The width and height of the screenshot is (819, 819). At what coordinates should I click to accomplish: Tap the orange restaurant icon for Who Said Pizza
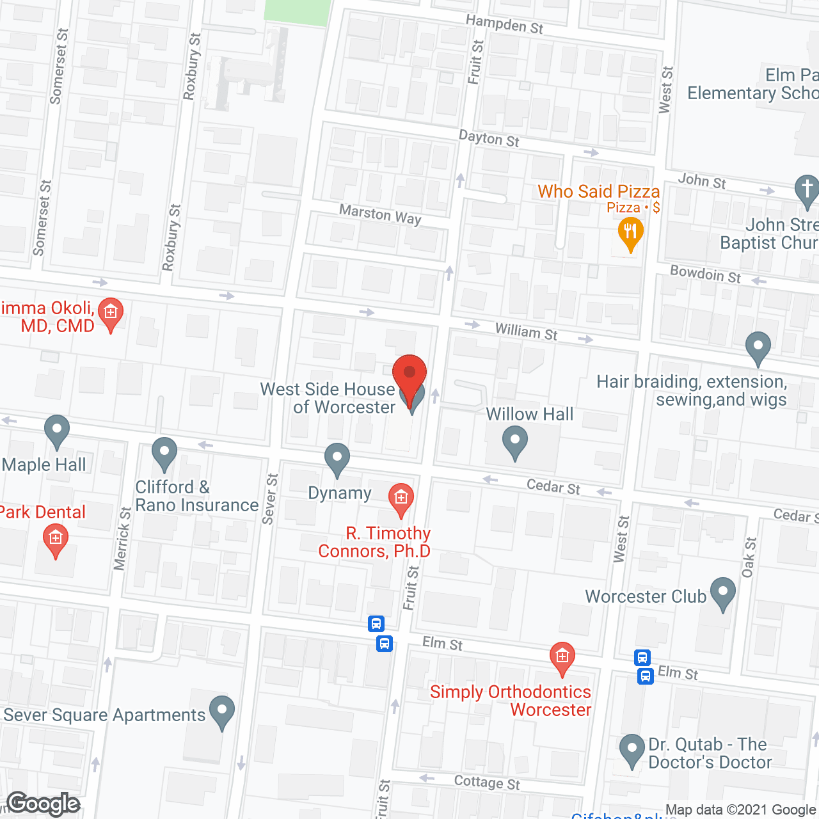pyautogui.click(x=631, y=232)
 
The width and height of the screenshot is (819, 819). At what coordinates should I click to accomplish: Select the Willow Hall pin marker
pyautogui.click(x=515, y=441)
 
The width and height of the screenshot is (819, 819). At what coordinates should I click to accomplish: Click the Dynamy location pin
pyautogui.click(x=337, y=457)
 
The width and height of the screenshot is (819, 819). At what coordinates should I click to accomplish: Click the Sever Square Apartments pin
pyautogui.click(x=222, y=710)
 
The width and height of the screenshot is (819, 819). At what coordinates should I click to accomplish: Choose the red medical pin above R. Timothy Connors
pyautogui.click(x=401, y=498)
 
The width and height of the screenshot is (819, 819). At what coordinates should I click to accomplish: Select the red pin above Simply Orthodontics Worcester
pyautogui.click(x=562, y=657)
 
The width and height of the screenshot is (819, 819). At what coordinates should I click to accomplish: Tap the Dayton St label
pyautogui.click(x=489, y=138)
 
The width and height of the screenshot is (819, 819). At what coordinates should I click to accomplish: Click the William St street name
pyautogui.click(x=526, y=331)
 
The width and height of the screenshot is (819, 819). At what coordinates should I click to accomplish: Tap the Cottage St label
pyautogui.click(x=487, y=783)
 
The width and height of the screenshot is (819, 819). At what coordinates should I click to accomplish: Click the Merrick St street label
pyautogui.click(x=122, y=538)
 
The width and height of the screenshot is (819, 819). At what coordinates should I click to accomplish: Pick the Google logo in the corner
pyautogui.click(x=44, y=804)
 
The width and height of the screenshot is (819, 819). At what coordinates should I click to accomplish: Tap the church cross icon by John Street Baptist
pyautogui.click(x=807, y=189)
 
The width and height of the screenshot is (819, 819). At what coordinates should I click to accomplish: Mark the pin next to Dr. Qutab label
pyautogui.click(x=632, y=749)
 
